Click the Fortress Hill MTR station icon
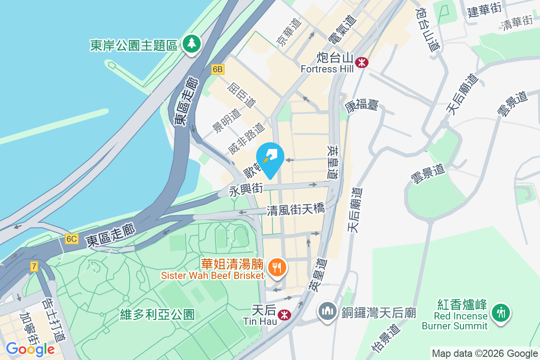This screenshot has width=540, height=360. (x=361, y=62)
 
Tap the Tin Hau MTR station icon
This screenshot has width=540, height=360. (x=284, y=314)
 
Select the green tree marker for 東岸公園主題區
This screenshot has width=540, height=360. (x=192, y=44)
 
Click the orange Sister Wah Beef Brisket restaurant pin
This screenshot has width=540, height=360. (x=275, y=268)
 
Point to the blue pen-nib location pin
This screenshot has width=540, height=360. (x=270, y=158)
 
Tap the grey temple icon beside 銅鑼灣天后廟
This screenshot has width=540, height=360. (x=328, y=311)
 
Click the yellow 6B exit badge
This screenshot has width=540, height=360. (x=218, y=69)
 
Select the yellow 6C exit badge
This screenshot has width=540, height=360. (x=71, y=238)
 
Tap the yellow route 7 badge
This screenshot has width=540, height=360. (x=34, y=266)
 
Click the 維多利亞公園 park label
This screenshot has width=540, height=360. (x=157, y=314)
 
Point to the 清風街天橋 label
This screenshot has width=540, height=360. (x=296, y=210)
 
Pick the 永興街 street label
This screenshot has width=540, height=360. (x=246, y=189)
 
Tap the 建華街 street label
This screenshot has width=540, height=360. (x=484, y=10)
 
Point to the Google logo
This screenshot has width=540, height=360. (x=30, y=349)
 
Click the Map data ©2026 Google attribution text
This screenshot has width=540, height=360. (x=485, y=354)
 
